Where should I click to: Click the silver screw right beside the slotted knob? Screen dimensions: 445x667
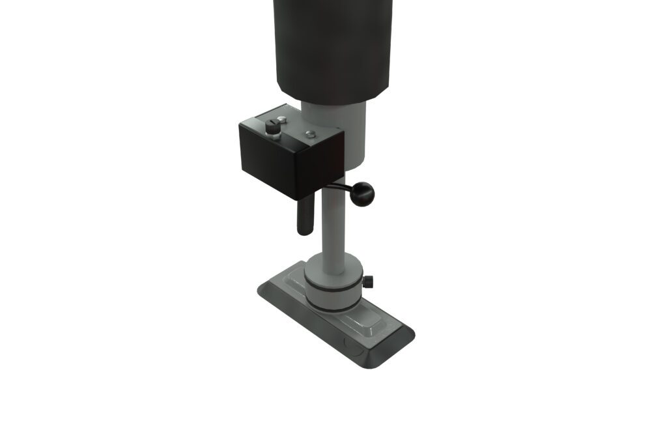[281, 119]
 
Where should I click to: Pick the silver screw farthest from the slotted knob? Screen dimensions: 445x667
[311, 134]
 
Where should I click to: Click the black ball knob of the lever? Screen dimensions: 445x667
[362, 194]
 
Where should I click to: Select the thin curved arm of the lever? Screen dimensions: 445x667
[339, 187]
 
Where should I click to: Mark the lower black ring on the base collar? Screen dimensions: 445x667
[332, 306]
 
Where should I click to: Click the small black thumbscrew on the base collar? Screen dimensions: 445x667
[369, 282]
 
